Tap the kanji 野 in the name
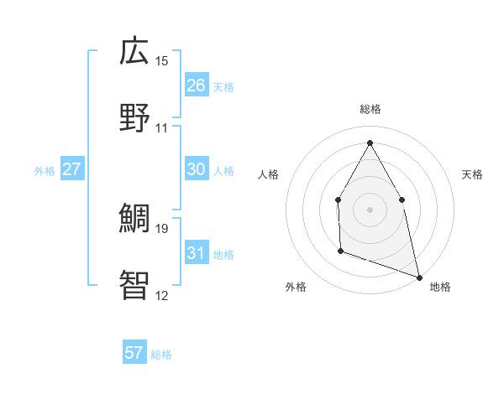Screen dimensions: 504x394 [134, 118]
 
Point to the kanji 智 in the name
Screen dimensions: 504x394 [134, 285]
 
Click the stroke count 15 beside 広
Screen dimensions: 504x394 [162, 61]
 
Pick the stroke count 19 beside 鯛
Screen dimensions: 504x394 [162, 228]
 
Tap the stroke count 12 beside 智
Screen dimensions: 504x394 [162, 295]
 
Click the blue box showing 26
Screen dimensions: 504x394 [196, 86]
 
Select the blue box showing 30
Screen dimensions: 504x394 [196, 169]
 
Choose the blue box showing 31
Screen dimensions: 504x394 [196, 253]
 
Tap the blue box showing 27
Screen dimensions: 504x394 [72, 169]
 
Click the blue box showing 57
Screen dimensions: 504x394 [134, 353]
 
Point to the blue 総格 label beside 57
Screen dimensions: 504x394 [161, 355]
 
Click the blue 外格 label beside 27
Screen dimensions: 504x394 [45, 171]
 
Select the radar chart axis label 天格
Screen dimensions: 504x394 [472, 174]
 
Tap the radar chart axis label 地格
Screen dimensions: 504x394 [440, 287]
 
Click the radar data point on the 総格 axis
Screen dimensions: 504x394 [370, 142]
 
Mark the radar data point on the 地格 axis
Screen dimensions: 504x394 [418, 276]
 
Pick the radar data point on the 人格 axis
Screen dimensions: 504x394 [338, 200]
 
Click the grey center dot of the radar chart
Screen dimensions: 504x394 [370, 210]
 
